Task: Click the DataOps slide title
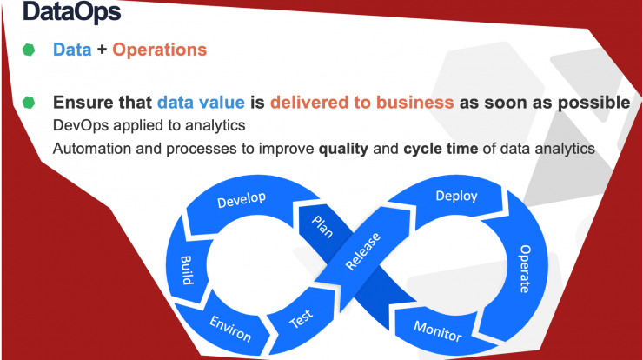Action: click(x=72, y=11)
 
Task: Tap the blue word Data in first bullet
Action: click(x=72, y=50)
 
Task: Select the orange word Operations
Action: click(x=160, y=50)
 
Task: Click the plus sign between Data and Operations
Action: click(x=102, y=50)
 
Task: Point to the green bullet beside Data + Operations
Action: click(x=29, y=50)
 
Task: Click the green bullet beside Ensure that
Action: click(x=29, y=103)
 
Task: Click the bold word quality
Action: click(x=343, y=149)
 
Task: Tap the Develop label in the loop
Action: click(x=242, y=199)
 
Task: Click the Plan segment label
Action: click(x=322, y=227)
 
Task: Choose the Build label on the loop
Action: click(x=187, y=270)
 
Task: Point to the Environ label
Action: click(x=230, y=329)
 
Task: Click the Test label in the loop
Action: click(x=301, y=318)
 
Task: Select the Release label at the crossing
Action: click(x=363, y=251)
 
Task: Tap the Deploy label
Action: click(x=456, y=197)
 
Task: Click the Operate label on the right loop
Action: click(x=525, y=269)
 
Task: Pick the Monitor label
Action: click(x=438, y=330)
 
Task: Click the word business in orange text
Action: click(x=415, y=103)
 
